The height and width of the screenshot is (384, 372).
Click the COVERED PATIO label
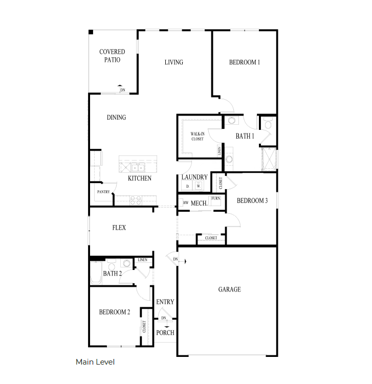click(x=112, y=56)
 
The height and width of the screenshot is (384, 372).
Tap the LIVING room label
click(x=173, y=62)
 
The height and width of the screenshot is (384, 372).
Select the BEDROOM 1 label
click(x=244, y=62)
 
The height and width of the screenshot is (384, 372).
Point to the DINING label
click(x=116, y=118)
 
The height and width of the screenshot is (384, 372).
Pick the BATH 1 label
click(x=244, y=137)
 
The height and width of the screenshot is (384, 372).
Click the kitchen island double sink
click(x=137, y=167)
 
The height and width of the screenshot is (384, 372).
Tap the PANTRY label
click(x=104, y=192)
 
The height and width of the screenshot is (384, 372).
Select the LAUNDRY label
click(x=194, y=177)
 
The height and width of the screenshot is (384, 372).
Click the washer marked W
click(x=198, y=187)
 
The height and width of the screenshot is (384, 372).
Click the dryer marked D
click(x=187, y=187)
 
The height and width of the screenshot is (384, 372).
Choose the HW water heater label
click(x=186, y=203)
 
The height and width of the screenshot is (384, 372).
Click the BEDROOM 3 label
click(x=252, y=201)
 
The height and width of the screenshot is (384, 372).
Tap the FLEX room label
click(x=119, y=228)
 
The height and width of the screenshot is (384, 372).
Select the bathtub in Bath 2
click(x=96, y=273)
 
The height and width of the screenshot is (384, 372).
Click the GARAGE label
click(x=229, y=289)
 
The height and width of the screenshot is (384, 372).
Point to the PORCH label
click(x=165, y=333)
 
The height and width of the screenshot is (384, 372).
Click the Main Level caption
click(x=95, y=362)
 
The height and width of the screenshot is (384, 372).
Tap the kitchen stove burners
click(x=136, y=200)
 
